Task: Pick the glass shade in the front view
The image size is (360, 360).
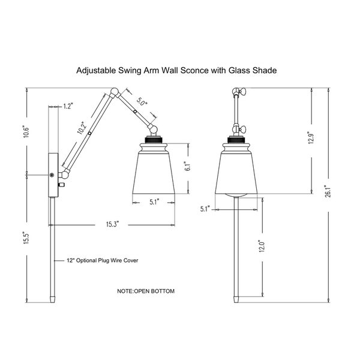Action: pos(236,172)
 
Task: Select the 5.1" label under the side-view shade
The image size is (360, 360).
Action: pos(154,202)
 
